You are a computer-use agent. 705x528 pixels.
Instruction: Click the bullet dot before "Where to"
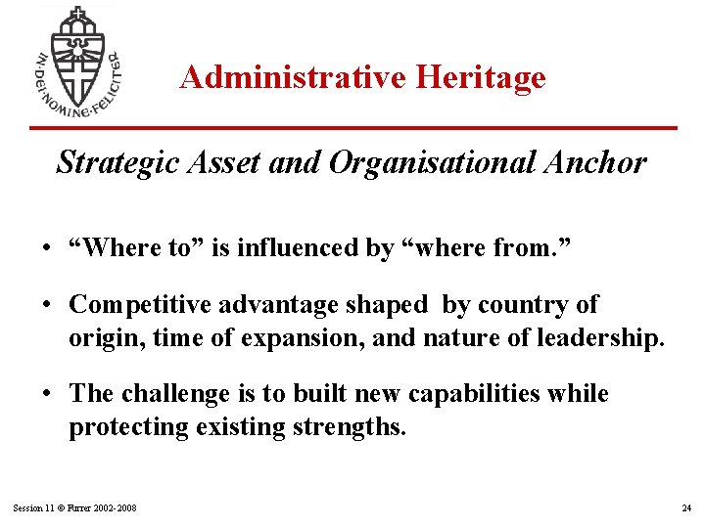click(47, 248)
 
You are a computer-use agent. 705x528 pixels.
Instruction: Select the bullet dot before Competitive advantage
click(47, 305)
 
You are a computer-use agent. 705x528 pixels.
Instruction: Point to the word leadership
click(598, 338)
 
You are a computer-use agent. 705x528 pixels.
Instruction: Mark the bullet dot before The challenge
click(47, 394)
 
